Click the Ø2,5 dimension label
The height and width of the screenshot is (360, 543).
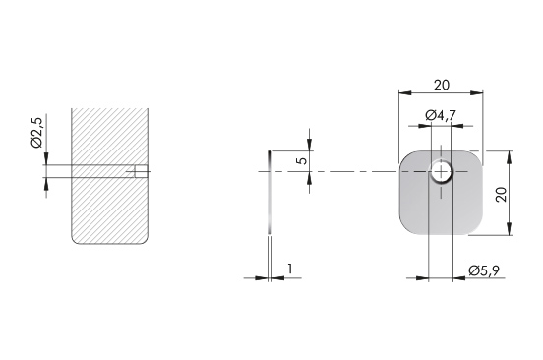tap(37, 132)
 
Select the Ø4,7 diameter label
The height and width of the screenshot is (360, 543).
tap(441, 115)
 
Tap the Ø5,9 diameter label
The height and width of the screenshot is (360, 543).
tap(484, 270)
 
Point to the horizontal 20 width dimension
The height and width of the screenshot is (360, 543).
tap(442, 85)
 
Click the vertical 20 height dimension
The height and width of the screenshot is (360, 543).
tap(501, 194)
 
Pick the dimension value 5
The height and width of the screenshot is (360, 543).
tap(302, 161)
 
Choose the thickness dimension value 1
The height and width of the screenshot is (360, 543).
tap(290, 269)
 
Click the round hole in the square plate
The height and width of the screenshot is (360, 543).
tap(441, 171)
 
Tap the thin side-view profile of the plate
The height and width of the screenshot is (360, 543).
tap(270, 192)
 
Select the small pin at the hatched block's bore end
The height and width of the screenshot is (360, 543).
tap(142, 171)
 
